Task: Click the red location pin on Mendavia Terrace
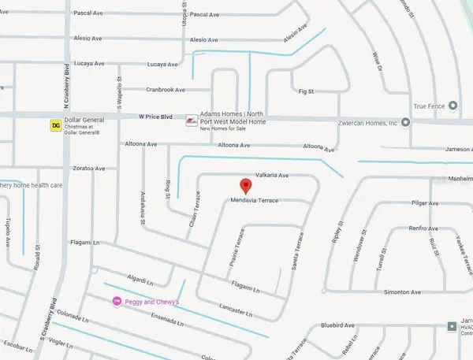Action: tap(245, 187)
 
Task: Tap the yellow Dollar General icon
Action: tap(56, 124)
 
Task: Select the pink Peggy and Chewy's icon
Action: tap(117, 301)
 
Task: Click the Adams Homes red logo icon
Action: tap(191, 121)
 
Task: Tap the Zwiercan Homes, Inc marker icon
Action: tap(405, 122)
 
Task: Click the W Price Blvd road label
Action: tap(156, 117)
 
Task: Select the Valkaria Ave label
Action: tap(273, 176)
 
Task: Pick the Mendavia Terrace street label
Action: tap(255, 202)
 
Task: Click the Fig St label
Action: tap(306, 92)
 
